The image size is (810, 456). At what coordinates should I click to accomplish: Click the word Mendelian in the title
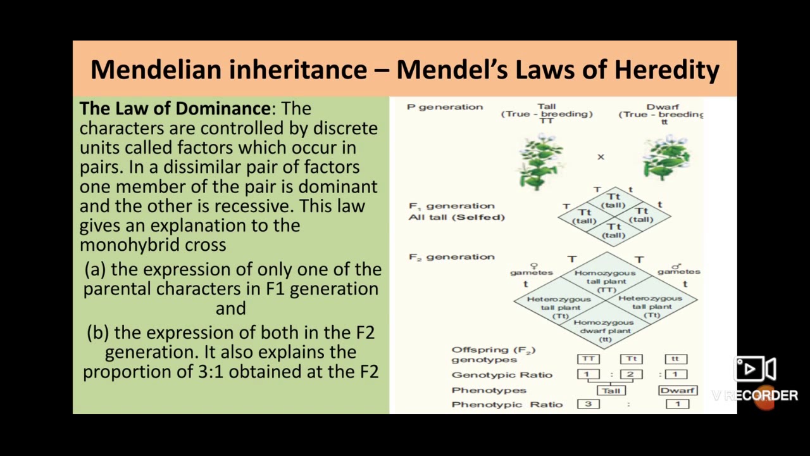156,69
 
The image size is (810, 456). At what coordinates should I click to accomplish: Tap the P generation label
445,107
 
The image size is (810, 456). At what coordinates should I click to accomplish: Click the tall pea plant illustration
541,160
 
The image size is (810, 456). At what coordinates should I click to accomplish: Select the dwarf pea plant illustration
666,157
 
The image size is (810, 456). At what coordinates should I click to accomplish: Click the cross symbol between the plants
601,156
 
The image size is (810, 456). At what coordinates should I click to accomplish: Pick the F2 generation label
451,256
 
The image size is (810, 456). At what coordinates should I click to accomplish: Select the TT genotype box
589,359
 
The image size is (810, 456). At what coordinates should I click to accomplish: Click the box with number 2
631,374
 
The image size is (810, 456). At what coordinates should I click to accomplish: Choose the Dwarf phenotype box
677,390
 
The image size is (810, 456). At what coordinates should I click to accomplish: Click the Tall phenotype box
611,390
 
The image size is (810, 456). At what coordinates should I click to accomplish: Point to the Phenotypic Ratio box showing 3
589,404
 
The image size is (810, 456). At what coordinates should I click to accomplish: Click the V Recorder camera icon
755,369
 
